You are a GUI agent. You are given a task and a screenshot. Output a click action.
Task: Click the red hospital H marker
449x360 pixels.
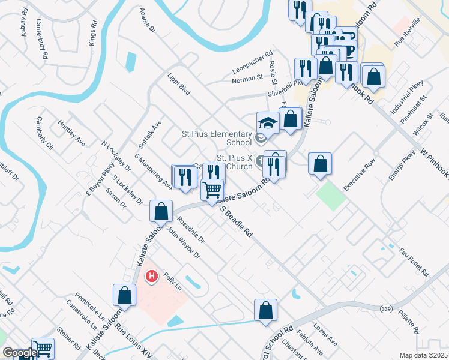tap(152, 277)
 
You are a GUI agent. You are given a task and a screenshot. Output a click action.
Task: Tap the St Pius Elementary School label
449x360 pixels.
tap(217, 138)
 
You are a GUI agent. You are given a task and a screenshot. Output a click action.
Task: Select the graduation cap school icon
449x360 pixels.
tap(267, 124)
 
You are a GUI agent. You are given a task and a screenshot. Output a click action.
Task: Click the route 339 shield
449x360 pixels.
tap(385, 308)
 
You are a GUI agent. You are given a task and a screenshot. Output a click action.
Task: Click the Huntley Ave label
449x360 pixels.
tap(71, 133)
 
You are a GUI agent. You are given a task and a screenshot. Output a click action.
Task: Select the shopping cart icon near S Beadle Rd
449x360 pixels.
tap(212, 190)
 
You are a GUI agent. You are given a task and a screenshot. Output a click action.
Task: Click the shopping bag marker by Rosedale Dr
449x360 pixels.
tap(161, 211)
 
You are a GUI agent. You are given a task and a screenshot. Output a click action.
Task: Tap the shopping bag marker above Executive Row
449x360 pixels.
tap(320, 163)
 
